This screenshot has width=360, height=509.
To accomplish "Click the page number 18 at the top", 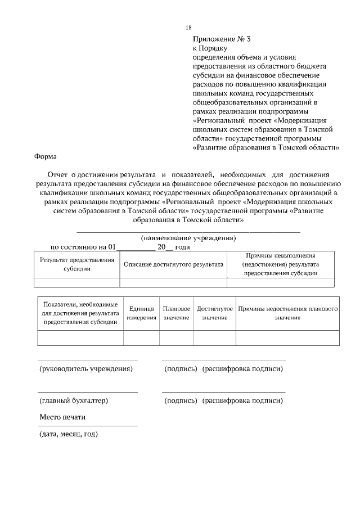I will point(188,28).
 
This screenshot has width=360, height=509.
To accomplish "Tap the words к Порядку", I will point(210,48).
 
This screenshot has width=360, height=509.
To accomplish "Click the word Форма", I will point(46,157).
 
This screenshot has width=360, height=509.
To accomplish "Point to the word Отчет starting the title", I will point(57,174).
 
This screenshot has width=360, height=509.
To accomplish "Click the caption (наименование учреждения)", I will point(188,238).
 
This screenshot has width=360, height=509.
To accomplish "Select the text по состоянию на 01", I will point(83,247).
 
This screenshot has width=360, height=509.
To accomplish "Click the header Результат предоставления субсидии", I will point(76,264).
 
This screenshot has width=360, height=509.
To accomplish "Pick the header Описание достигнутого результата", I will point(173,264).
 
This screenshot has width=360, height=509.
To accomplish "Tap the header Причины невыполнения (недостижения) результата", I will point(280,264).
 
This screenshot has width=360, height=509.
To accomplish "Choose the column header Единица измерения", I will point(141,313).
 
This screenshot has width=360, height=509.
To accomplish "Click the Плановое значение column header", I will point(176,313).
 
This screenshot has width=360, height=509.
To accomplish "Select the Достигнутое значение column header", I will point(214,313).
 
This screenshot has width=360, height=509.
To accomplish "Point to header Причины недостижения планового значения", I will point(287,313).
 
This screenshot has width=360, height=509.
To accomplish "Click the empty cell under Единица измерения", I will point(141,337).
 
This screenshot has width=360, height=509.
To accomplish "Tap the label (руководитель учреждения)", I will point(86,369).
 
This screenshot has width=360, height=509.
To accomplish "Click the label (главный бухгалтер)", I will point(73,400).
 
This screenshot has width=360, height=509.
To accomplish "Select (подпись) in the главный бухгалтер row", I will point(180,400).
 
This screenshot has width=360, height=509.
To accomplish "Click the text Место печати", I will point(62,417).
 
